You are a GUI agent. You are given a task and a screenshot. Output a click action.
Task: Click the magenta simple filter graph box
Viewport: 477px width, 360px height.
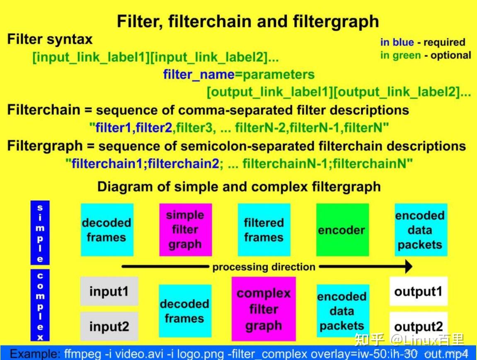(185, 230)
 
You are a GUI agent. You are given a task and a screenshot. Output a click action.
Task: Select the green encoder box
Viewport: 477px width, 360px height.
(342, 230)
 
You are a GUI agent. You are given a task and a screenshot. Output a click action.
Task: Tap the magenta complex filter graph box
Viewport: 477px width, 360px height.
(264, 309)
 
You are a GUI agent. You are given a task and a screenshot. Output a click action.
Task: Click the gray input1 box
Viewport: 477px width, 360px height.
(109, 291)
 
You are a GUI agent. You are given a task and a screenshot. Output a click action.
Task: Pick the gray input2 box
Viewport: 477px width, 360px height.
(109, 326)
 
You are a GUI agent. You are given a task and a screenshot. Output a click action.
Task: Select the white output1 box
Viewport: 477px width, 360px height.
(418, 291)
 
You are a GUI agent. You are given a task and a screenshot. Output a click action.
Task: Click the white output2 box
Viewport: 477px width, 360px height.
(418, 326)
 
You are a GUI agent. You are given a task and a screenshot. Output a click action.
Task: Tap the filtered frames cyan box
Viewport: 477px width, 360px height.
(264, 230)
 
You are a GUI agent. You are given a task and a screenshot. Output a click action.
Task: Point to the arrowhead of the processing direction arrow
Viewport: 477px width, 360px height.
(408, 266)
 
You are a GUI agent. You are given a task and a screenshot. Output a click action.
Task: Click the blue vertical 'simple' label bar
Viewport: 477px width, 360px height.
(40, 233)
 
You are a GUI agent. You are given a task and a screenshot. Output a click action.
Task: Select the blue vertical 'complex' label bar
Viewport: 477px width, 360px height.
(40, 306)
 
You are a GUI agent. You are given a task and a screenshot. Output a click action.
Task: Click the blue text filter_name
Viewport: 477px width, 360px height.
(199, 75)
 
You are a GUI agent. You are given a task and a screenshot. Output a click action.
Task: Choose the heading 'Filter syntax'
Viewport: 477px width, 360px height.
(50, 40)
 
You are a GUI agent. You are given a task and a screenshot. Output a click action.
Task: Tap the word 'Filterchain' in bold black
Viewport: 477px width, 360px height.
(44, 110)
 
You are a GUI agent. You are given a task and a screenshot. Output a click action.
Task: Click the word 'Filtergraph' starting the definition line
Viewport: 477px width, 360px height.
(45, 146)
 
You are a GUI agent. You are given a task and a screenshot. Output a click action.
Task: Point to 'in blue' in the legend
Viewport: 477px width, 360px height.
(397, 42)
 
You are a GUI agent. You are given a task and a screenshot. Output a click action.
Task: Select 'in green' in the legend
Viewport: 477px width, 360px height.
(400, 56)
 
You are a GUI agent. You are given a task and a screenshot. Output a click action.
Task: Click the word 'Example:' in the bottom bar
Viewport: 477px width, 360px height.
(35, 354)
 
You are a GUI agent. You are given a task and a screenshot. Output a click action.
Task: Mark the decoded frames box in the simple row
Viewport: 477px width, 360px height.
(107, 230)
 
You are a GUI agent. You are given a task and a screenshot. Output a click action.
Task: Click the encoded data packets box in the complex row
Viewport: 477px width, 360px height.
(342, 311)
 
